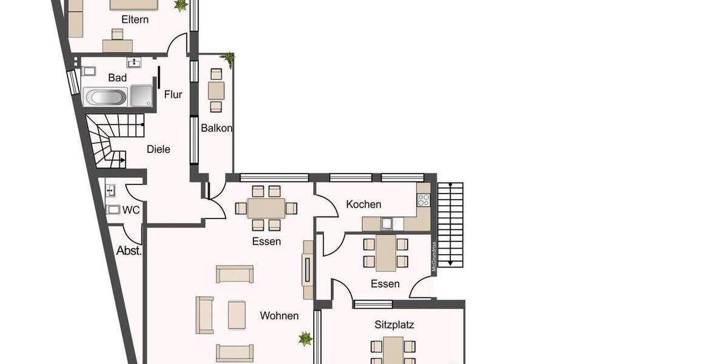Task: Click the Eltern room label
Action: (x=135, y=19)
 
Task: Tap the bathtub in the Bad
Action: (x=106, y=97)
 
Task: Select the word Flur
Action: (x=173, y=95)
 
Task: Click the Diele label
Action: (x=158, y=149)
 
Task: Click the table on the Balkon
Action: (x=216, y=90)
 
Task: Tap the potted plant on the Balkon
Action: (x=229, y=58)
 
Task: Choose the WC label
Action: (x=131, y=210)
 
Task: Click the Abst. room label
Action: (x=129, y=251)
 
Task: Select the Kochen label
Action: (x=363, y=204)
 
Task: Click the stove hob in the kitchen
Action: (x=423, y=199)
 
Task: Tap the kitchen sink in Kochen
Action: (x=387, y=223)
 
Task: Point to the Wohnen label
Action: (x=279, y=316)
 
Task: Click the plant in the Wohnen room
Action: (x=305, y=337)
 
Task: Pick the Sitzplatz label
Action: (x=394, y=325)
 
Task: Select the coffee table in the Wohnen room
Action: (x=237, y=314)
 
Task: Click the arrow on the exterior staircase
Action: (x=451, y=261)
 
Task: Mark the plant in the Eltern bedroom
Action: (x=180, y=5)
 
